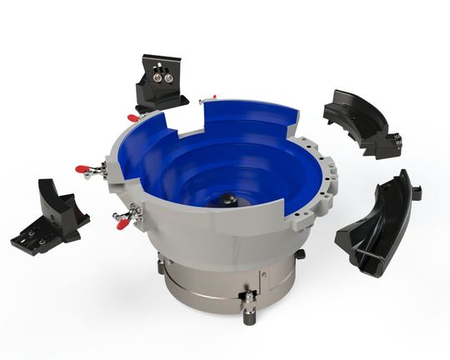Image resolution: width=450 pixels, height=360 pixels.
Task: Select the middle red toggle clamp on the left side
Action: coord(88,171)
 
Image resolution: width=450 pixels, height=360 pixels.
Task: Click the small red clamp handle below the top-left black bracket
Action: coord(133,118)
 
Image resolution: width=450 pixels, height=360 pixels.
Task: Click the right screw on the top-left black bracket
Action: coord(170,78)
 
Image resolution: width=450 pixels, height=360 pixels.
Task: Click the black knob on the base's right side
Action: coord(299,253)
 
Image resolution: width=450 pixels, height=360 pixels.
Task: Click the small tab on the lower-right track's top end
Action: coord(415,192)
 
